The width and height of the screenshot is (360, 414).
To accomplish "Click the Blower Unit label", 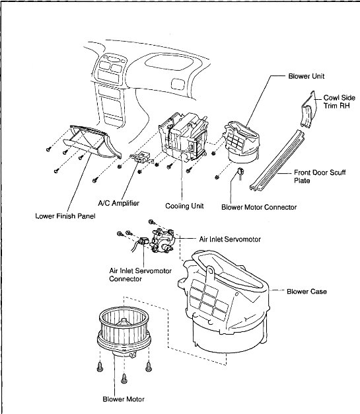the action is tap(306, 76).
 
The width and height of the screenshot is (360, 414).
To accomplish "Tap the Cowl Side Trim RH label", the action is tap(339, 102).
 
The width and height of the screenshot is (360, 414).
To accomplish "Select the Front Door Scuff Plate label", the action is tap(320, 177).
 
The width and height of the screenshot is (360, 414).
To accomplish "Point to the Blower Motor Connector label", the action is tap(259, 207).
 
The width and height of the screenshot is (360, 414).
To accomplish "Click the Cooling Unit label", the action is tap(184, 206).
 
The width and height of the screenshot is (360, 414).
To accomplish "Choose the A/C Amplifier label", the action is tap(119, 203).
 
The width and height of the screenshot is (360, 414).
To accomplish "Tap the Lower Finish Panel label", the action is tap(65, 216).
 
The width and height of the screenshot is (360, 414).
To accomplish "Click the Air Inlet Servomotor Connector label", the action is tap(140, 275).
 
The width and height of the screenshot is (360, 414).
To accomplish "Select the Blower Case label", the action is tap(306, 292).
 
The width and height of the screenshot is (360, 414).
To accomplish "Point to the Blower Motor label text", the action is tap(124, 399).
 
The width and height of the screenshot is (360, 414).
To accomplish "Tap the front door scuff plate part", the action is tap(277, 160).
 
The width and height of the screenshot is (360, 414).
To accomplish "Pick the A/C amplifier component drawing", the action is tap(142, 157).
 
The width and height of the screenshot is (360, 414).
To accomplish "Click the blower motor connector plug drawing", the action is tap(240, 172).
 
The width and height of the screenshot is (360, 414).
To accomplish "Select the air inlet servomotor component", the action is tap(161, 241).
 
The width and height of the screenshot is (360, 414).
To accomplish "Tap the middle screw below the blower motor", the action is tap(124, 379).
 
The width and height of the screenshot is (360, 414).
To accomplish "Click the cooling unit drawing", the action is tap(183, 137).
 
